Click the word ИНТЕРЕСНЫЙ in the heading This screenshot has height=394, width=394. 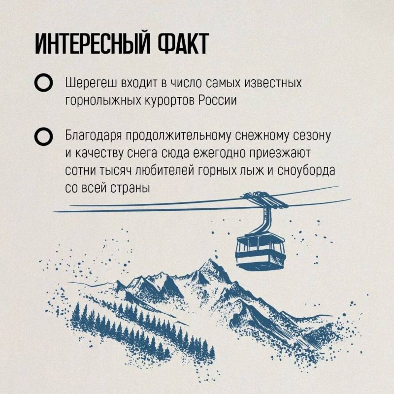(93, 43)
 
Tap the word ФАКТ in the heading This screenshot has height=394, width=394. (183, 43)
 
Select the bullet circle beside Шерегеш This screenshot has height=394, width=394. (43, 83)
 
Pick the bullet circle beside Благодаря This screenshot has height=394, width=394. (43, 136)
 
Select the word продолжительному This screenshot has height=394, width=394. (178, 136)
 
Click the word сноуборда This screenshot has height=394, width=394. (306, 171)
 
